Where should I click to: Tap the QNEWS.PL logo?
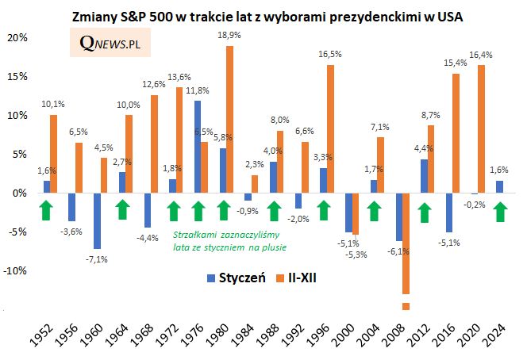(x=112, y=46)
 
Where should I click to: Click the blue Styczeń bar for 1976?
(x=197, y=147)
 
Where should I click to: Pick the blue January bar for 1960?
(x=97, y=220)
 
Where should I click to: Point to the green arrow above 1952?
(x=47, y=210)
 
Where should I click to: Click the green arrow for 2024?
(x=501, y=210)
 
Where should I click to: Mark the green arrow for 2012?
(x=425, y=210)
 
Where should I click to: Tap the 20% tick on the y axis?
(x=17, y=37)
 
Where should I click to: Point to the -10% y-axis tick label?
(x=16, y=270)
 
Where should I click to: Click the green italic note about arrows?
(x=229, y=240)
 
